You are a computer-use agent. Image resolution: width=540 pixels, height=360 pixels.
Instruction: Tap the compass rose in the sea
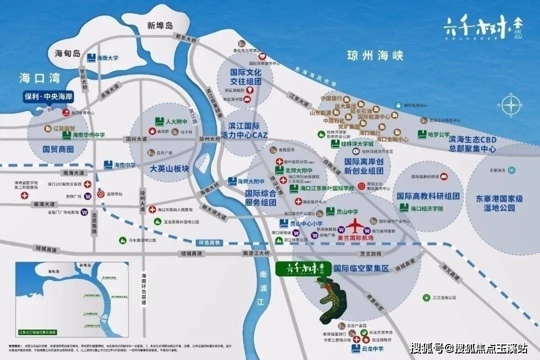(511, 106)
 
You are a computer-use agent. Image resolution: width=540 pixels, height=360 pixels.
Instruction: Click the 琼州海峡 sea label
(375, 55)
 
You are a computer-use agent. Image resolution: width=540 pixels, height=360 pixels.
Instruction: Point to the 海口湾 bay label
(39, 78)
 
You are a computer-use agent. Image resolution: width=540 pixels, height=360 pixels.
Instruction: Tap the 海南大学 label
(107, 58)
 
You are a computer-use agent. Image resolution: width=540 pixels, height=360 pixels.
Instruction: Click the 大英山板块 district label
(169, 169)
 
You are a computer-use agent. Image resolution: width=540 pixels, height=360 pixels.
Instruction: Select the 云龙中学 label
(373, 348)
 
